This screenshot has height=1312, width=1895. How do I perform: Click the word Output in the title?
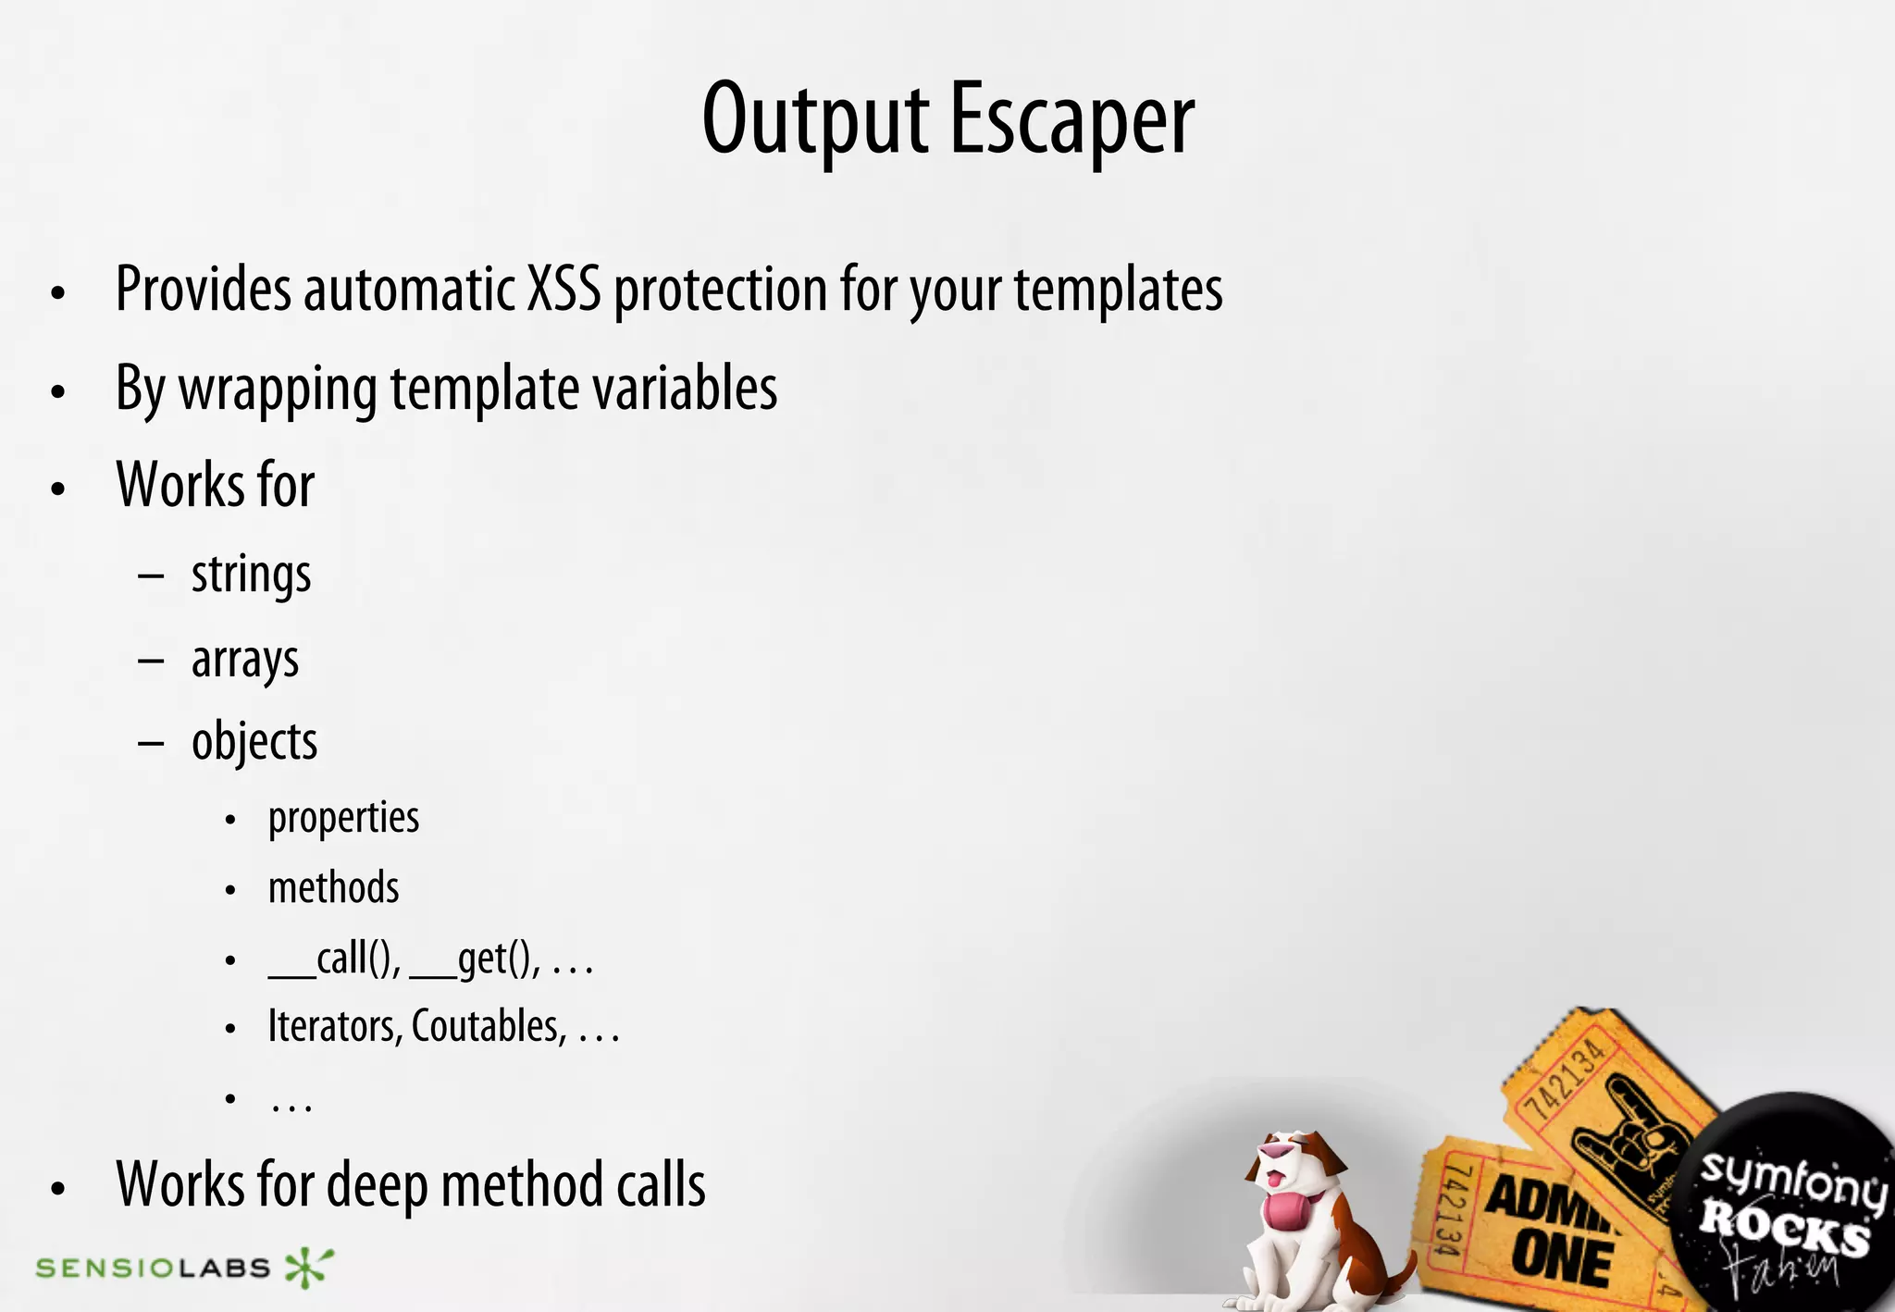coord(815,120)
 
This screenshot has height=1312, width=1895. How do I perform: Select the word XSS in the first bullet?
coord(564,290)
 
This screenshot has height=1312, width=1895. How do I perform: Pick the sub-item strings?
coord(251,576)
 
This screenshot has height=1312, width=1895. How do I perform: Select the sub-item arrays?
coord(245,660)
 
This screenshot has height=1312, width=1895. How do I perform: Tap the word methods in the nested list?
coord(333,888)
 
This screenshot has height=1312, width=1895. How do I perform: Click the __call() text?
coord(334,959)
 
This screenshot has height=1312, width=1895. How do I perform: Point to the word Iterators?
coord(334,1026)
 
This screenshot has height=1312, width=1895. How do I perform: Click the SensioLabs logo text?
coord(153,1268)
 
